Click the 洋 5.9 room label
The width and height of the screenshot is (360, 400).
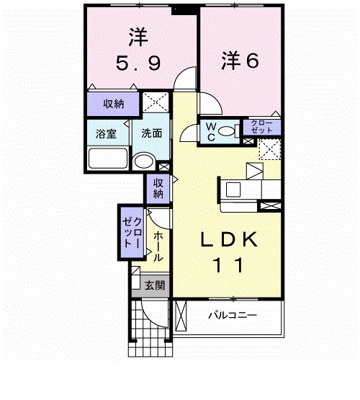[138, 49]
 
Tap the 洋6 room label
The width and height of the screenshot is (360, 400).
[240, 61]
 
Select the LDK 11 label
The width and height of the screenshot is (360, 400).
[229, 252]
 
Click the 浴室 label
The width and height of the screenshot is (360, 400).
[107, 133]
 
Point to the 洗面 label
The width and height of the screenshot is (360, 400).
[152, 133]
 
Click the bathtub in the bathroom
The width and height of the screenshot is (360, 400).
[107, 158]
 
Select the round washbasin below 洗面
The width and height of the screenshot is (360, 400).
[144, 161]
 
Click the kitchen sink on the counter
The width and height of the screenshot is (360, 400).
[233, 190]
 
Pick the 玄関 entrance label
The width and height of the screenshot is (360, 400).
[155, 285]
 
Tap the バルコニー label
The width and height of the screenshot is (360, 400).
[233, 315]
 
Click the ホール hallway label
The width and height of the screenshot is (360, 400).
[158, 246]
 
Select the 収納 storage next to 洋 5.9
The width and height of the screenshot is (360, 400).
[113, 104]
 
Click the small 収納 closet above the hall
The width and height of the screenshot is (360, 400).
[158, 189]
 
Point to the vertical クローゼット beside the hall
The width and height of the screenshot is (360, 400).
[132, 233]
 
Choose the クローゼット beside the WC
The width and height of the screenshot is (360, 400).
[261, 127]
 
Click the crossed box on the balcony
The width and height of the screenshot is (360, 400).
[181, 316]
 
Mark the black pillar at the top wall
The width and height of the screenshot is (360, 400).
[185, 9]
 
